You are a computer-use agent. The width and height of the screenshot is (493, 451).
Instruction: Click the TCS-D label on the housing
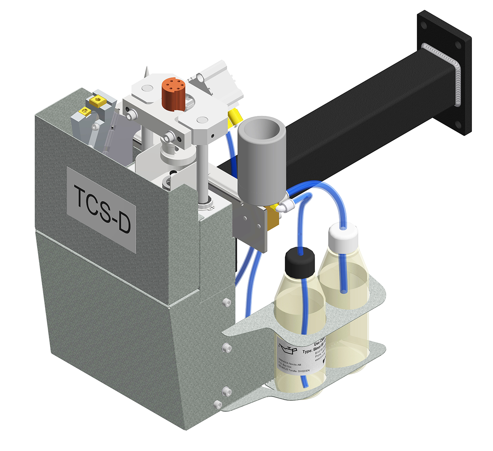pyautogui.click(x=102, y=210)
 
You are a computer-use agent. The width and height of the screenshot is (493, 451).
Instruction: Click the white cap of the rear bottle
pyautogui.click(x=343, y=237)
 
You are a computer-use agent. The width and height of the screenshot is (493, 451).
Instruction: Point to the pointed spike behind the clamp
pyautogui.click(x=147, y=72)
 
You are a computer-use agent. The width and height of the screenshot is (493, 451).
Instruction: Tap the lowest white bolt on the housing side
pyautogui.click(x=218, y=404)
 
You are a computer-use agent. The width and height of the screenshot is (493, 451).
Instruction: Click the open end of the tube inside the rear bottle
pyautogui.click(x=343, y=291)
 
